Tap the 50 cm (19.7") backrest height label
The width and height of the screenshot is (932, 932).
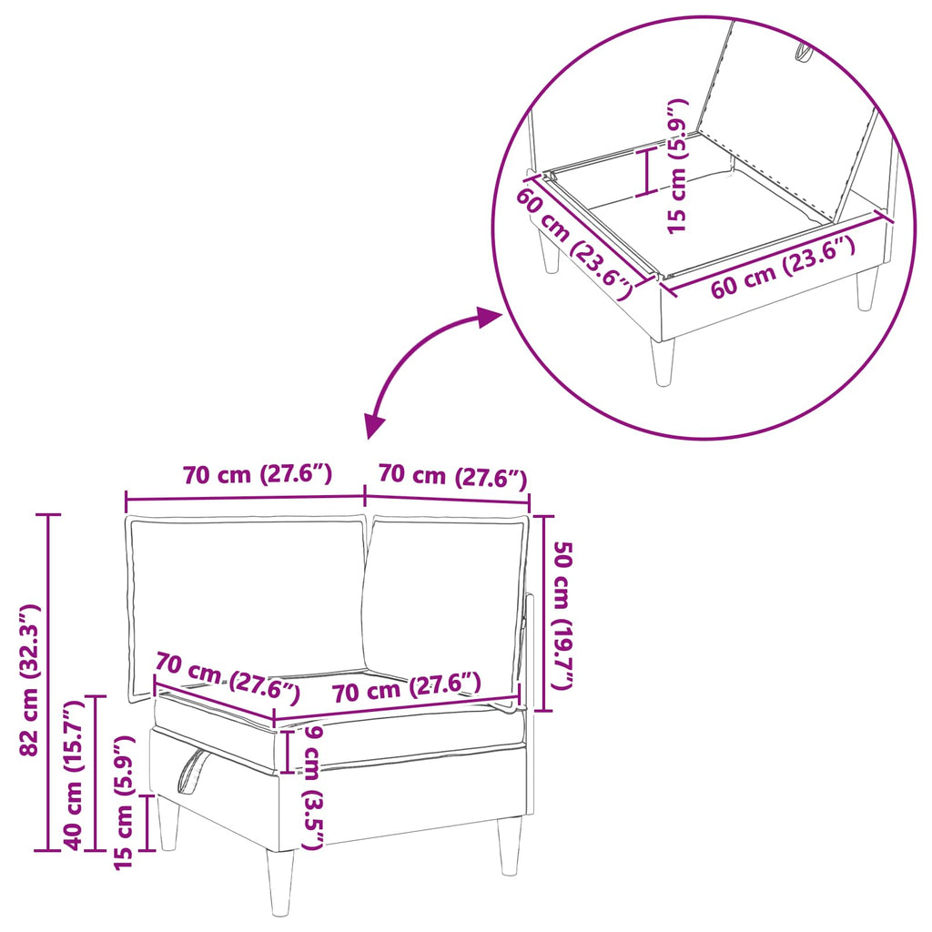[562, 615]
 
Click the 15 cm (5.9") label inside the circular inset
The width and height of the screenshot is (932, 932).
[677, 166]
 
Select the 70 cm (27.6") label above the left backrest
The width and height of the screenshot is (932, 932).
[258, 473]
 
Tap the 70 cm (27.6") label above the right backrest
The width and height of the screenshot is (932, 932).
[453, 475]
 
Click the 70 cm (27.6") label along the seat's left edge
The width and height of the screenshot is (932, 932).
[228, 677]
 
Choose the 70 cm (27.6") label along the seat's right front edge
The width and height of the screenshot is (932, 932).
[407, 687]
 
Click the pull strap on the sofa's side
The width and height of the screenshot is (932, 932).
[192, 771]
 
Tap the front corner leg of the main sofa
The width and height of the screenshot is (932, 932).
[280, 880]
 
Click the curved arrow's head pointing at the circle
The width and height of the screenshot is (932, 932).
[491, 317]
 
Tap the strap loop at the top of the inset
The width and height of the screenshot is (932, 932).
[803, 52]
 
